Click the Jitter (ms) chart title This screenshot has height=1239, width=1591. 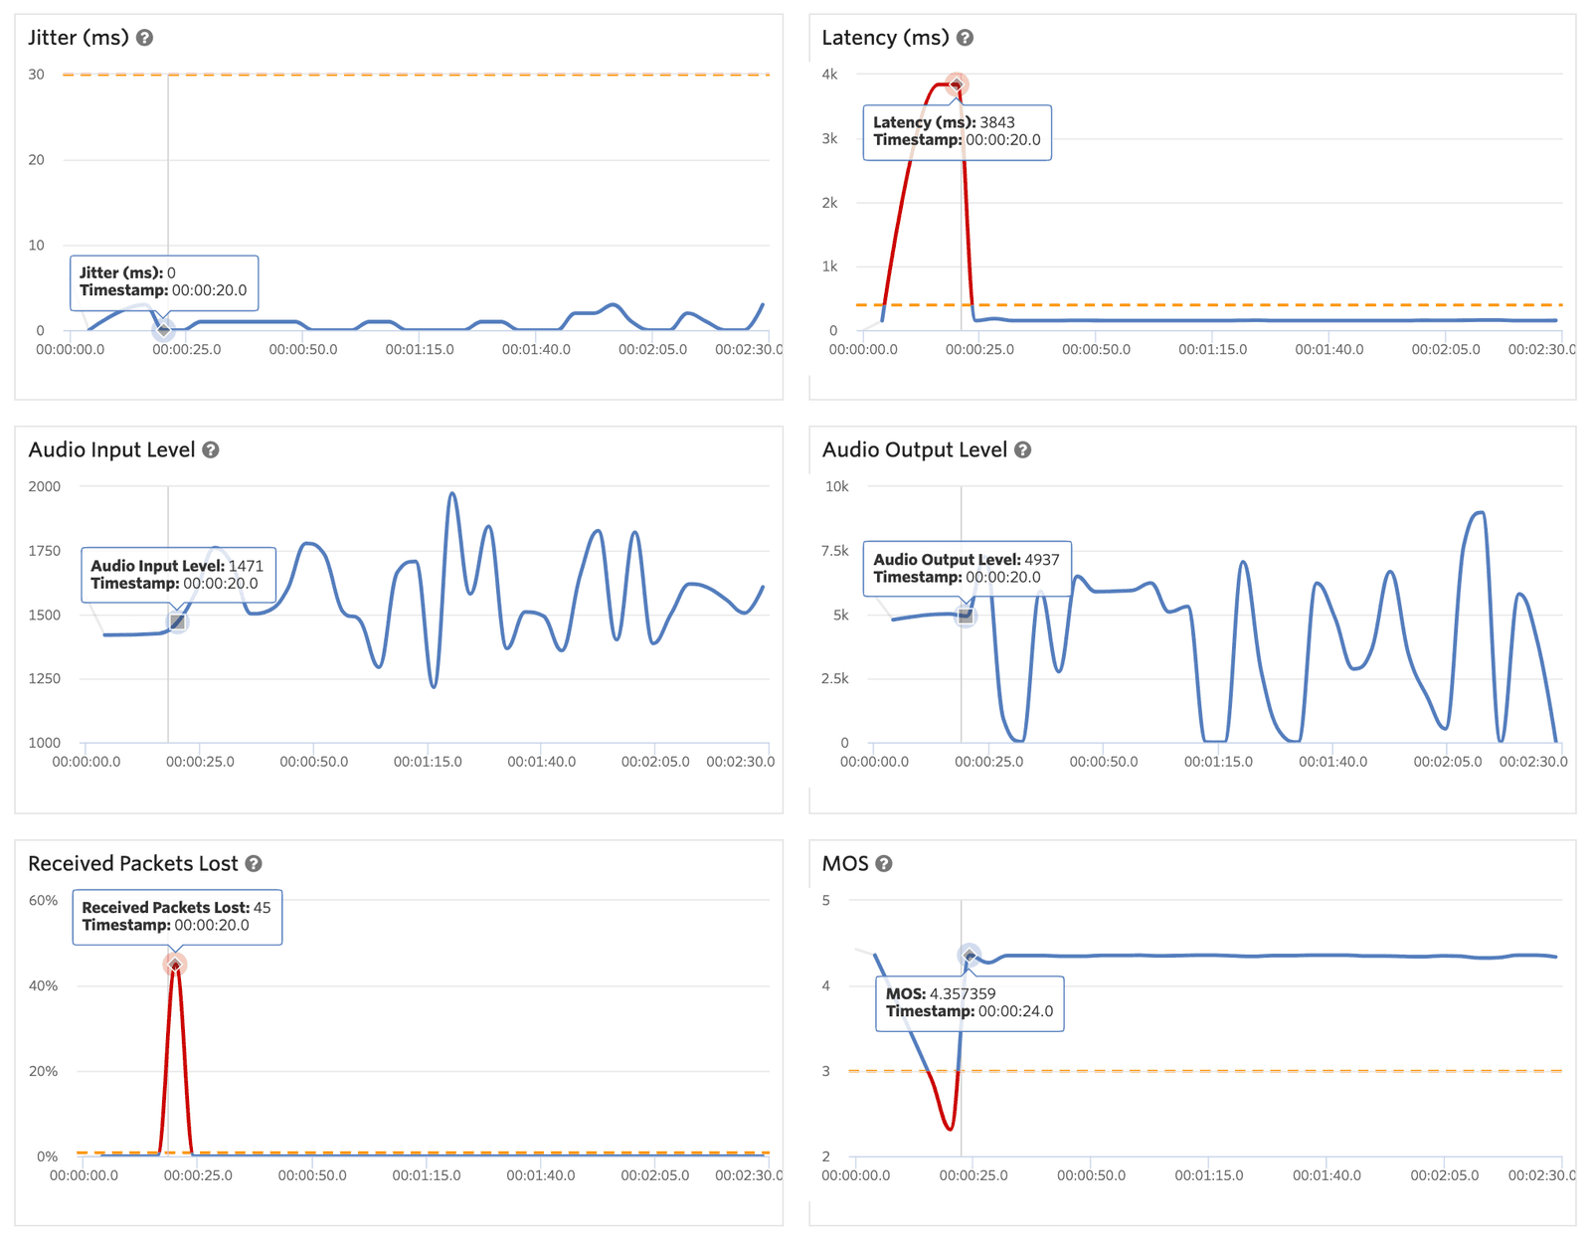[78, 38]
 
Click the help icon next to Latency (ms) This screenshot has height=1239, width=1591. [965, 38]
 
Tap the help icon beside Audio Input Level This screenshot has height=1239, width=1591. [211, 450]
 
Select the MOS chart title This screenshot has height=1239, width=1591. [845, 864]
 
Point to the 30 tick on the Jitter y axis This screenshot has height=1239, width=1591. [37, 75]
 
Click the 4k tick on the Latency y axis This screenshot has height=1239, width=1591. [829, 75]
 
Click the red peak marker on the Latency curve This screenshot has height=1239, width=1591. [956, 85]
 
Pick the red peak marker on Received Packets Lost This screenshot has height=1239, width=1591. [175, 965]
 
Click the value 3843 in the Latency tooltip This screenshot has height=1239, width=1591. [997, 123]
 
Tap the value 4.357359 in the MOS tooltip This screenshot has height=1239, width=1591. [963, 994]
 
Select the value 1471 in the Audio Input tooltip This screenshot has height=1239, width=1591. [246, 566]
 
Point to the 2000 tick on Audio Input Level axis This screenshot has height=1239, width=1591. [45, 487]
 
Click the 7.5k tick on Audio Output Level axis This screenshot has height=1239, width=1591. [835, 551]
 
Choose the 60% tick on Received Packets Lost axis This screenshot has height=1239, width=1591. [44, 901]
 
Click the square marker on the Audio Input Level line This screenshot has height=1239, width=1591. [177, 622]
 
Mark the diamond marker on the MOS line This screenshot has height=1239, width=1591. [970, 956]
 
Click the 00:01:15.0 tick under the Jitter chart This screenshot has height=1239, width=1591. [420, 350]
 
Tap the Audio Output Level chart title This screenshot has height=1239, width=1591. [914, 450]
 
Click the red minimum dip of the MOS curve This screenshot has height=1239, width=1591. [950, 1129]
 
